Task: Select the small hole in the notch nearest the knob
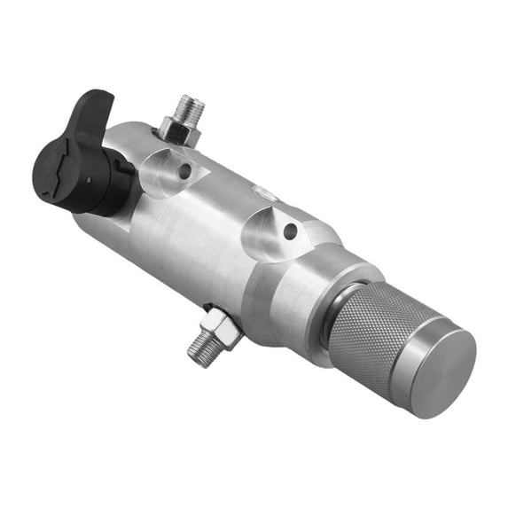pyautogui.click(x=290, y=231)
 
